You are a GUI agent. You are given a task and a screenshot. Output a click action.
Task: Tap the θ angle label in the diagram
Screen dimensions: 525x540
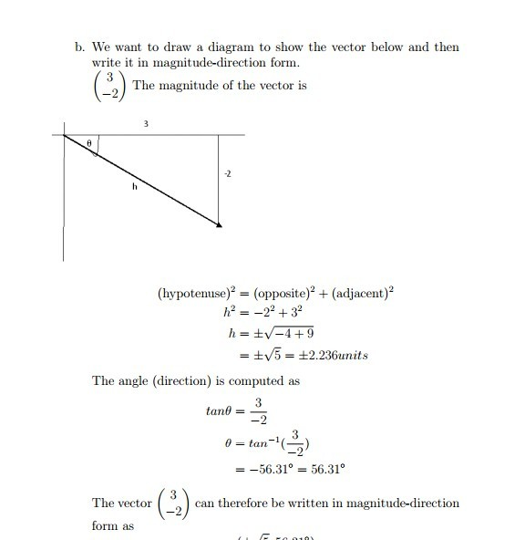89,143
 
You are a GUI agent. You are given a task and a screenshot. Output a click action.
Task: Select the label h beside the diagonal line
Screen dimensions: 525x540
134,186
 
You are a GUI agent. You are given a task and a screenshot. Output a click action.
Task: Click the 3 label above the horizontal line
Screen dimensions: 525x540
145,122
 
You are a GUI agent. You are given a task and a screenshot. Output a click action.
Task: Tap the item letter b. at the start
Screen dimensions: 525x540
80,47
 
